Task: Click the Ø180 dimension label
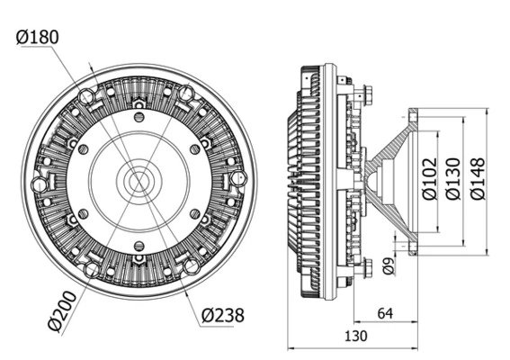[38, 37]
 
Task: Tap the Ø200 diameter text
[62, 311]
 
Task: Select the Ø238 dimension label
[223, 315]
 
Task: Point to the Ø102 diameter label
[429, 179]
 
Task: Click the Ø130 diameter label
[453, 179]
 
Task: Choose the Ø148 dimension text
[478, 179]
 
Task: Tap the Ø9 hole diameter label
[388, 265]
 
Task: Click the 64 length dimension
[385, 313]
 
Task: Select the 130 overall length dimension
[356, 337]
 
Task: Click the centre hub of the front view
[139, 181]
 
